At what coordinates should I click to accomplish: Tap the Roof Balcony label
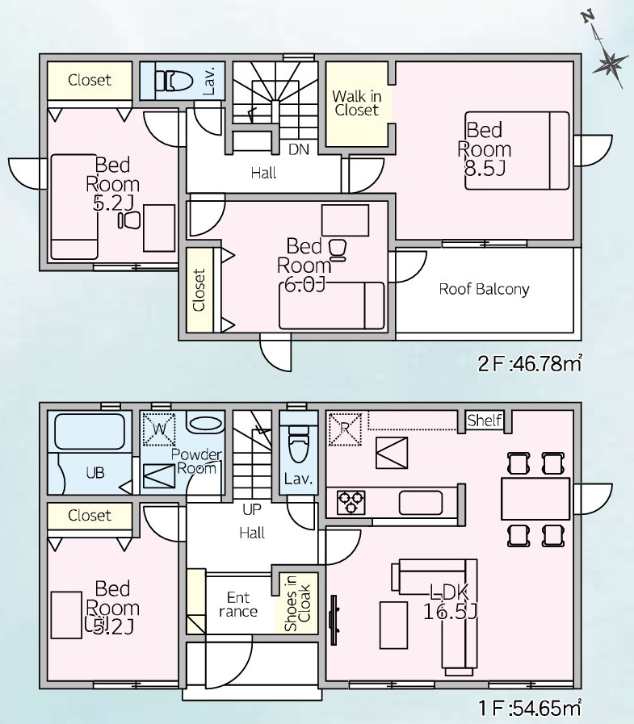pos(484,290)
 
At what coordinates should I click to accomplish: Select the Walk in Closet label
pos(357,103)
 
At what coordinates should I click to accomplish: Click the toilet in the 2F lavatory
pos(174,82)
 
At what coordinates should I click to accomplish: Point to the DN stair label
pos(299,149)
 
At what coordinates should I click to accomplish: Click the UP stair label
pos(252,510)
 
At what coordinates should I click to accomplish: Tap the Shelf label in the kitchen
pos(485,421)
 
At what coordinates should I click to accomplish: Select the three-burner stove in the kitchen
pos(351,502)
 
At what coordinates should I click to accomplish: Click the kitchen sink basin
pos(421,503)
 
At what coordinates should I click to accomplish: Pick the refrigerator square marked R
pos(344,429)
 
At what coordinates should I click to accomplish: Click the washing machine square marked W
pos(159,429)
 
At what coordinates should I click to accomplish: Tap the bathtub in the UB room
pos(90,432)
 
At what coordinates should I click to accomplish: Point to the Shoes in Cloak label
pos(297,603)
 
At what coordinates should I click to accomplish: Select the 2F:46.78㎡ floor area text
pos(530,364)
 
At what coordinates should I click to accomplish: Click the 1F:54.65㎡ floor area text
pos(530,707)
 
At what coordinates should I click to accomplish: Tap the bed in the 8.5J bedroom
pos(517,150)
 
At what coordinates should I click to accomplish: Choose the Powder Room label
pos(196,461)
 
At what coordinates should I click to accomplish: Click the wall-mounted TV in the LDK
pos(334,620)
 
